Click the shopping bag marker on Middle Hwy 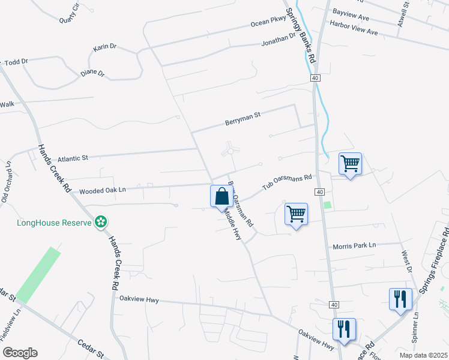coord(221,196)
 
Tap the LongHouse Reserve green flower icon coord(101,223)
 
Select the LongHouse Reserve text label coord(53,223)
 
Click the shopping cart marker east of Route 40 coord(350,163)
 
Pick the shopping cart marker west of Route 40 coord(296,214)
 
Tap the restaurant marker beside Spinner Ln coord(400,299)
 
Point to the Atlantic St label coord(72,158)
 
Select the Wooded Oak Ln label coord(102,190)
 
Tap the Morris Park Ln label coord(354,245)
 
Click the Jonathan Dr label coord(279,41)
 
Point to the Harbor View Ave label coord(354,28)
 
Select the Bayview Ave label coord(349,11)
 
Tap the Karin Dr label coord(104,46)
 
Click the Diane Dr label coord(92,74)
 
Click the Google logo coord(20,353)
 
